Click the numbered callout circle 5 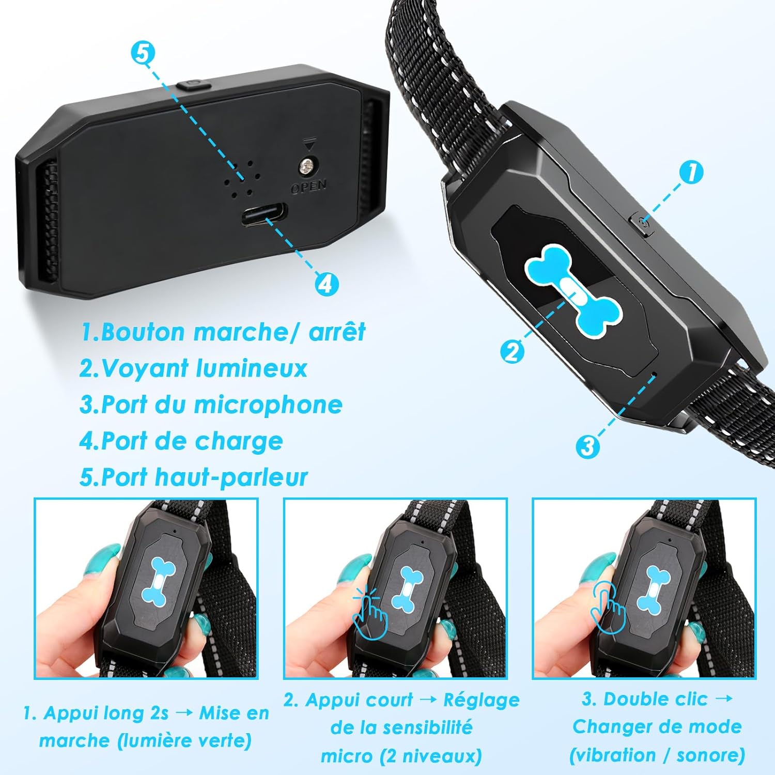coord(143,53)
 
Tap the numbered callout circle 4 coord(327,284)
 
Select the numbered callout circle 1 coord(691,172)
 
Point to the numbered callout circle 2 coord(512,352)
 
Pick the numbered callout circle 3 coord(587,446)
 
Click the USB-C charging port coord(264,214)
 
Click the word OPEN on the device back coord(308,186)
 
